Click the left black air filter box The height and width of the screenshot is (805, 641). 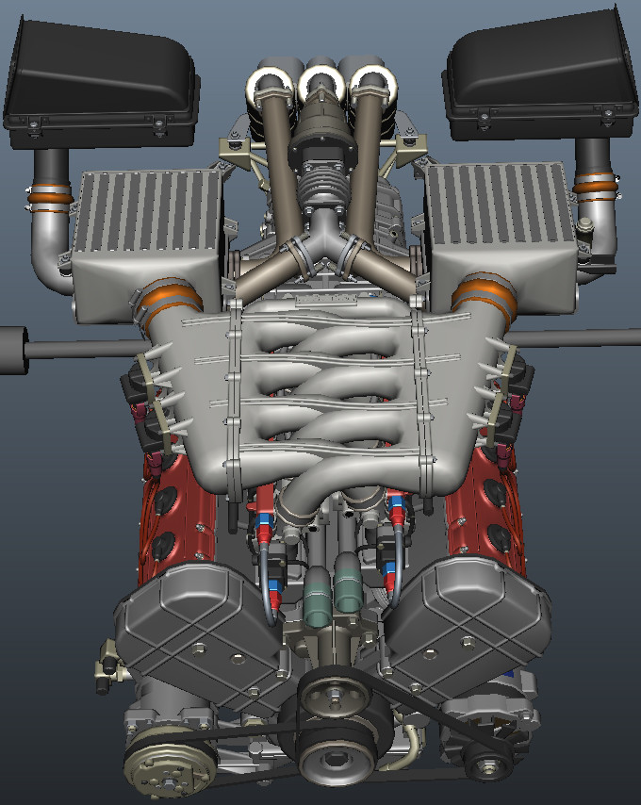pos(99,80)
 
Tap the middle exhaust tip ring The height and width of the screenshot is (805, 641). pos(321,87)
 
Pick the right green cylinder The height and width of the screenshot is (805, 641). pos(348,588)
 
